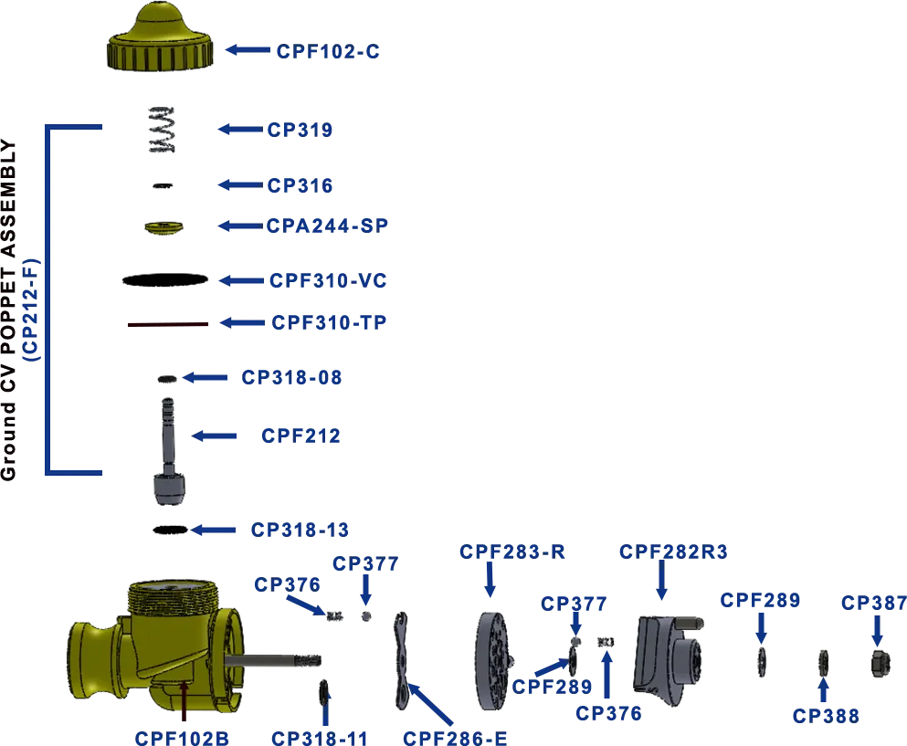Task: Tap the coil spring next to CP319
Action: click(x=162, y=130)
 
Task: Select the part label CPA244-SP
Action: click(x=327, y=226)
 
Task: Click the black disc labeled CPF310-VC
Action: click(x=164, y=280)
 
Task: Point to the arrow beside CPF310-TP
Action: click(x=242, y=322)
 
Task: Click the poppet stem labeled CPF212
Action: click(x=169, y=451)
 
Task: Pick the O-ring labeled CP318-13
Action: click(x=170, y=530)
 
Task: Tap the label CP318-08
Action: click(x=291, y=378)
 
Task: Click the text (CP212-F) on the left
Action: click(x=31, y=310)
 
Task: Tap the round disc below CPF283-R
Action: click(x=493, y=660)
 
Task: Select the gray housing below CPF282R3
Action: click(x=668, y=660)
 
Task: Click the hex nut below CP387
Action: click(x=880, y=663)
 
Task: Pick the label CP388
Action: click(x=826, y=716)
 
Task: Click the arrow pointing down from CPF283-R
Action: click(x=490, y=579)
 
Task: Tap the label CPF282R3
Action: click(x=673, y=552)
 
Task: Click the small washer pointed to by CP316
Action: click(x=163, y=185)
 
